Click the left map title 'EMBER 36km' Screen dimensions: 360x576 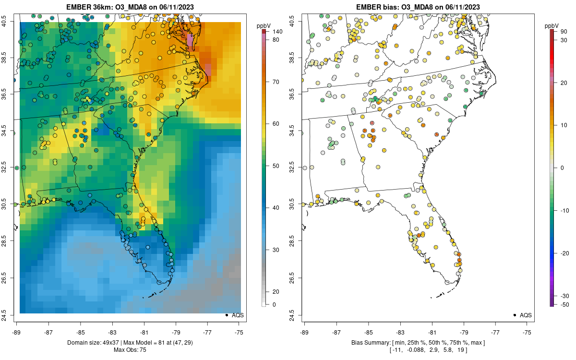(x=90, y=7)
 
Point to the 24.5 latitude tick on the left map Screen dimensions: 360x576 (x=10, y=315)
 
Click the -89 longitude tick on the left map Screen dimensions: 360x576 (x=17, y=332)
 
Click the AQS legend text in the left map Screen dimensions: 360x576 (x=238, y=315)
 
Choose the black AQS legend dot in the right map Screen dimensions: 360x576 (x=514, y=315)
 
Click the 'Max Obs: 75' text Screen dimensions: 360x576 (x=130, y=349)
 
